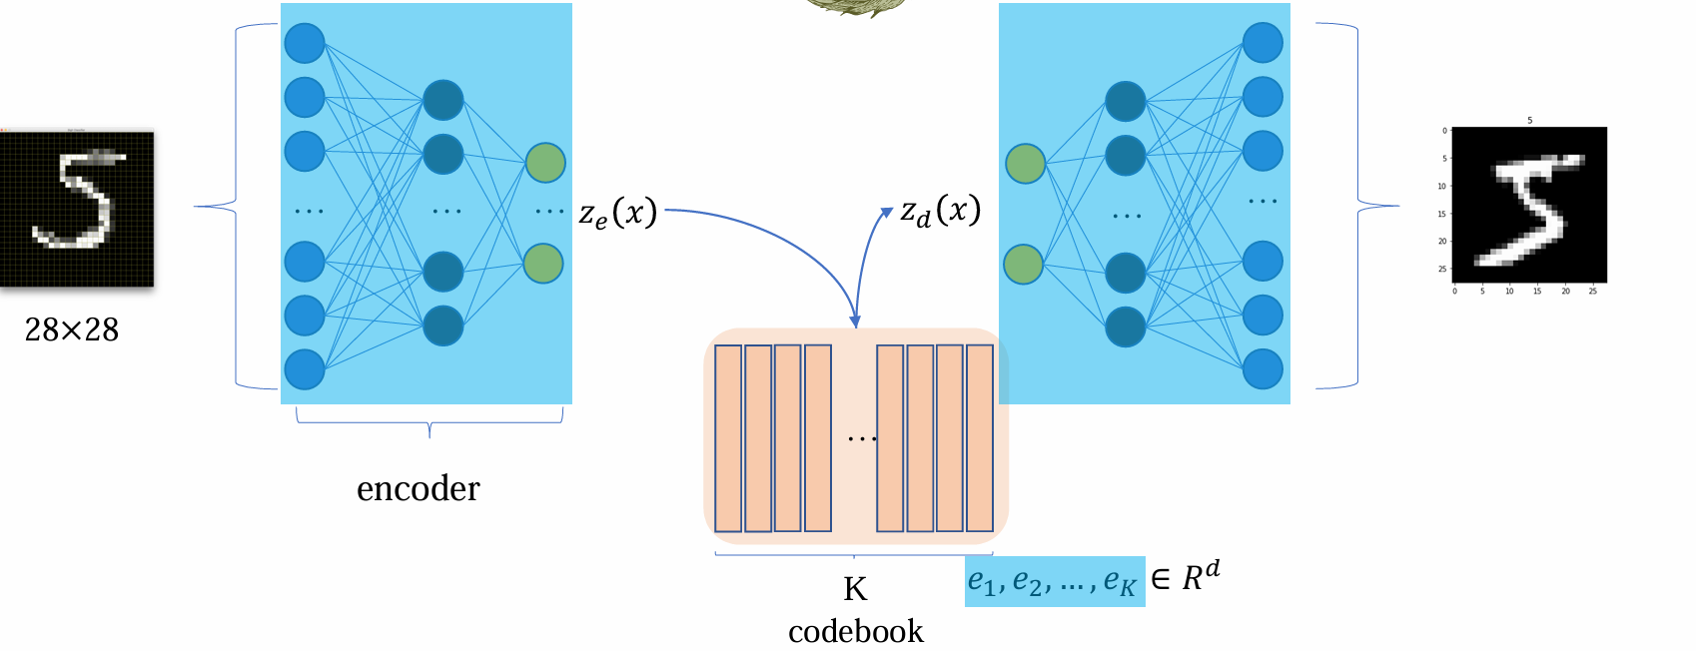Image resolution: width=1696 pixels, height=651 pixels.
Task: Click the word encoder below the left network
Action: click(418, 488)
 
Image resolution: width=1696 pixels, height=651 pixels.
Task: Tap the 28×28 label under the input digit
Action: click(72, 329)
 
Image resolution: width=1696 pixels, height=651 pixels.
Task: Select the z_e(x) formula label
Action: click(618, 213)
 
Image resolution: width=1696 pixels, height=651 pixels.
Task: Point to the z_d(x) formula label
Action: click(940, 211)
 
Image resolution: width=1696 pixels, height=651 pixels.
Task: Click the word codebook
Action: click(855, 631)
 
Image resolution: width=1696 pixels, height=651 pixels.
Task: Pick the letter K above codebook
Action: click(855, 589)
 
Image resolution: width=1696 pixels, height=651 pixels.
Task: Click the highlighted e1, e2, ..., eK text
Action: click(1053, 581)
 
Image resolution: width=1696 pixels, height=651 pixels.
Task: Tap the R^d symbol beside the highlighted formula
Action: click(1201, 576)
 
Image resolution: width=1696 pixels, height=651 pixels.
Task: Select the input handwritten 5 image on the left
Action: click(77, 209)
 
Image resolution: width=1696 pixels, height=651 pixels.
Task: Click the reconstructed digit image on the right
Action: click(1528, 205)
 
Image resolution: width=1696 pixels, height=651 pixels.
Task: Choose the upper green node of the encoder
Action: click(544, 163)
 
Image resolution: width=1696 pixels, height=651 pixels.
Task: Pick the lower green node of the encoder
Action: click(543, 264)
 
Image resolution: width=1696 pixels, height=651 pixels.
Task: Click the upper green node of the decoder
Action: click(1025, 164)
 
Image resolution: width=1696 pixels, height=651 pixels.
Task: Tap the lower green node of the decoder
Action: click(1023, 265)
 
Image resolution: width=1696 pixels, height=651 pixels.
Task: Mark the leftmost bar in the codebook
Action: click(728, 438)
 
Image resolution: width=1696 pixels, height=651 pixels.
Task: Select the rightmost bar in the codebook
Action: click(980, 438)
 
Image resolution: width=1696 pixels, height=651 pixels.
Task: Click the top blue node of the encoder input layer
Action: click(305, 43)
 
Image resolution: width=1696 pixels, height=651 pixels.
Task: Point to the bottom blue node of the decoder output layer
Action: click(1263, 369)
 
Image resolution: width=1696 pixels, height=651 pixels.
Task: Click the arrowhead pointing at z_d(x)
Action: click(886, 213)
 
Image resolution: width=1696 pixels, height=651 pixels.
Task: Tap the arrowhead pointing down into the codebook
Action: click(855, 321)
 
